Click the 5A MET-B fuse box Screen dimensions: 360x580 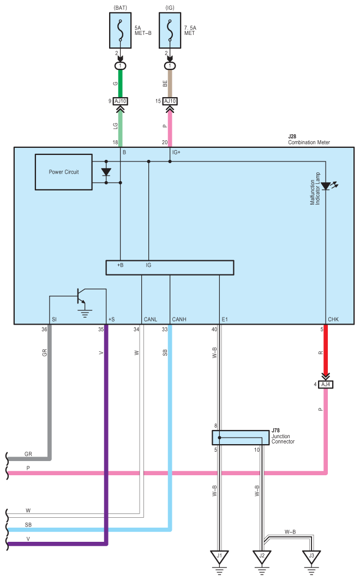point(120,31)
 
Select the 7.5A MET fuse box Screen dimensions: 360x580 point(170,31)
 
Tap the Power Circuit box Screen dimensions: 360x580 point(64,172)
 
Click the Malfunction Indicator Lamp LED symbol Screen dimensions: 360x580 point(326,186)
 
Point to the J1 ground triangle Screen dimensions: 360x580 point(220,557)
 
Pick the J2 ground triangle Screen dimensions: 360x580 point(262,557)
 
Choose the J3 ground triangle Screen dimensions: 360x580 point(311,557)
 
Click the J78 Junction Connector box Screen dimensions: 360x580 point(241,438)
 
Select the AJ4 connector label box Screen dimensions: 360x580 point(326,384)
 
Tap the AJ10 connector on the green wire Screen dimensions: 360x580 point(121,101)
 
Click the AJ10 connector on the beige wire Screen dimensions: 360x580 point(170,101)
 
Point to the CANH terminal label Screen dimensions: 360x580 point(179,319)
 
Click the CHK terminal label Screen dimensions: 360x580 point(333,319)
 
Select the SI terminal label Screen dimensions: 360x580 point(55,319)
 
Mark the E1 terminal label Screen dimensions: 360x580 point(225,319)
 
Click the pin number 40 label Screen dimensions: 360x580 point(214,329)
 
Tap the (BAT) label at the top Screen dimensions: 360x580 point(121,8)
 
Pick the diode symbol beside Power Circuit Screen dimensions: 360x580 point(106,172)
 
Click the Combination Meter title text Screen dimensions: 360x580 point(309,142)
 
